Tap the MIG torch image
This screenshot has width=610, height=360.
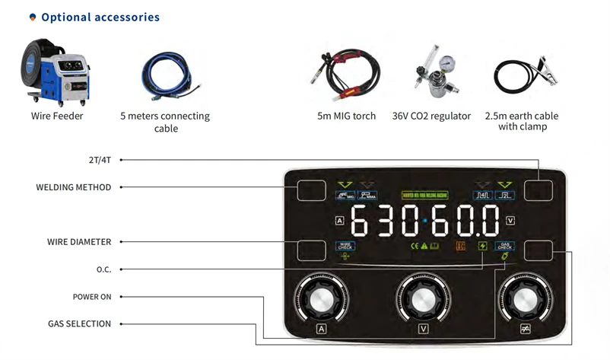[x=346, y=76]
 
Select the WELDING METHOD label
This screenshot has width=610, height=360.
[x=74, y=187]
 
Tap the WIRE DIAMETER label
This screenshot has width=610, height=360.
[x=79, y=242]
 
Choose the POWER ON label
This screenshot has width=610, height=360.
[x=92, y=297]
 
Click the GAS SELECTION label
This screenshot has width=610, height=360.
[x=80, y=324]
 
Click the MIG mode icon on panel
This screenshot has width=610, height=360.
[x=346, y=196]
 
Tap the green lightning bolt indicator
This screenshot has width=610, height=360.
[x=482, y=246]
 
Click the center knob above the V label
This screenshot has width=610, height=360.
[x=423, y=297]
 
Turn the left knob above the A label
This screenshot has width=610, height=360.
[x=321, y=297]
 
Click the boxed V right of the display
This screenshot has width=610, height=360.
[x=510, y=221]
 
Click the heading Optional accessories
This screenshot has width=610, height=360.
[x=100, y=17]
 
